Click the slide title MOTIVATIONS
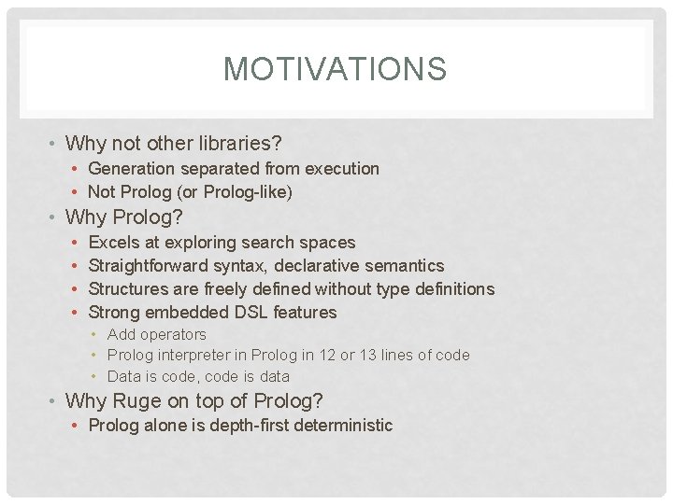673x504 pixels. tap(336, 69)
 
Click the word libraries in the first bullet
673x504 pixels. tap(237, 144)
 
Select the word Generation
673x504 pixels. tap(131, 169)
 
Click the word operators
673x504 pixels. tap(174, 334)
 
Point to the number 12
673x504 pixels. tap(352, 356)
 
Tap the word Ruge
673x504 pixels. tap(137, 401)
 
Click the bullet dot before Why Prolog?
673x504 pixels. tap(55, 217)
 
